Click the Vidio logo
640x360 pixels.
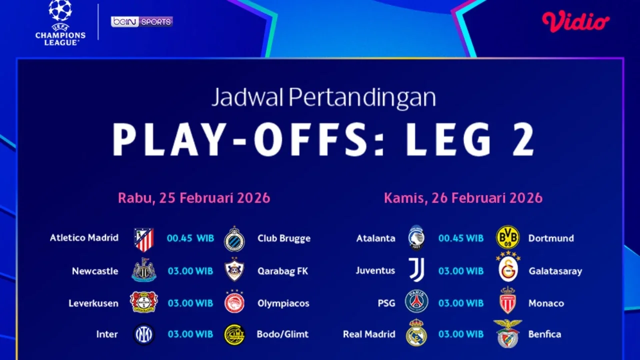coord(575,21)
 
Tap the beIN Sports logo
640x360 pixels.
coord(141,21)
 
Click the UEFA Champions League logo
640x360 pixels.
coord(60,23)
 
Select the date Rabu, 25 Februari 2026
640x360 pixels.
coord(194,198)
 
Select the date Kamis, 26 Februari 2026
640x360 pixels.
coord(463,198)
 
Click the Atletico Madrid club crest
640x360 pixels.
coord(144,239)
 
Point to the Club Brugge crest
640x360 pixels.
coord(234,238)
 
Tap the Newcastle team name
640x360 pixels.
coord(95,271)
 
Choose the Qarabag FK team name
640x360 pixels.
coord(282,271)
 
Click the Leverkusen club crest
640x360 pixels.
coord(144,302)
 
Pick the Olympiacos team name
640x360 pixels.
coord(283,303)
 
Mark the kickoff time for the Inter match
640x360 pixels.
coord(190,334)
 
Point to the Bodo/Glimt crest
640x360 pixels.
coord(234,334)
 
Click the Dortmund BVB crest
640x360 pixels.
coord(507,237)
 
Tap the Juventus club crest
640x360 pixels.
coord(416,270)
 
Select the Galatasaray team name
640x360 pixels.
coord(555,271)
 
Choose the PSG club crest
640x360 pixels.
coord(416,302)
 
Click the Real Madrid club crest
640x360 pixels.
coord(416,333)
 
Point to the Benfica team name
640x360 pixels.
coord(544,334)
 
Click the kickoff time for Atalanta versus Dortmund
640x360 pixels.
coord(461,238)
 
